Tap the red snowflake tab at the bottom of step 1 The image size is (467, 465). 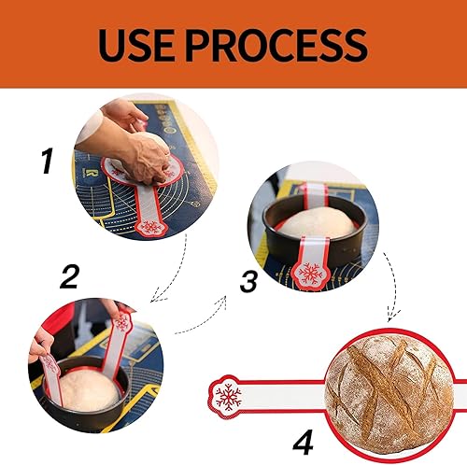(x=149, y=227)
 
